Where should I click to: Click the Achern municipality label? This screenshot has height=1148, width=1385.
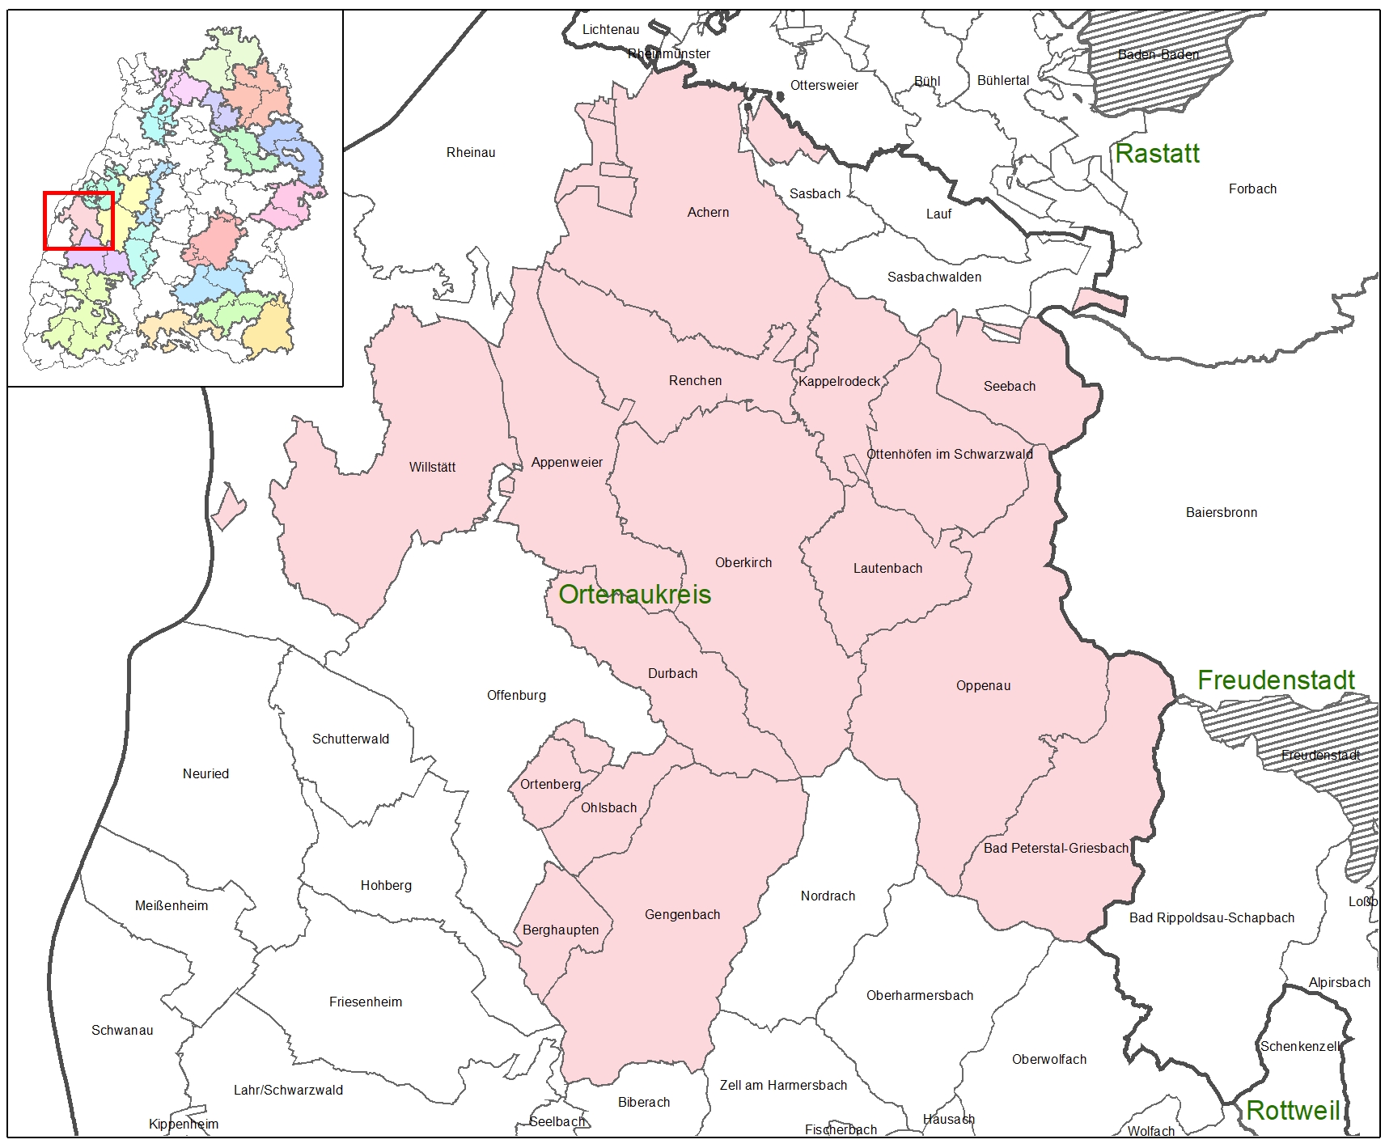click(x=708, y=212)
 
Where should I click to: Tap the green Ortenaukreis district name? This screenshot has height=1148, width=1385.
click(x=635, y=595)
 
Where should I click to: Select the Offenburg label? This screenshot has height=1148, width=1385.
click(x=516, y=695)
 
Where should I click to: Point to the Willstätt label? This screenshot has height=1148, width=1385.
click(x=432, y=467)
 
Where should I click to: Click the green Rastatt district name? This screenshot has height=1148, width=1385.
click(x=1157, y=154)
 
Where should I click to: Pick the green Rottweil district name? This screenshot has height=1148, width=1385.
click(x=1293, y=1110)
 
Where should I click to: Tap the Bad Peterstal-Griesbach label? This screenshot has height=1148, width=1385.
click(x=1056, y=848)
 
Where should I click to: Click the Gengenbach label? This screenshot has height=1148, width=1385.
click(x=682, y=914)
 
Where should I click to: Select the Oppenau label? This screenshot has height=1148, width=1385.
click(x=983, y=685)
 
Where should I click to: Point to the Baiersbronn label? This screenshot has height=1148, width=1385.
click(x=1221, y=512)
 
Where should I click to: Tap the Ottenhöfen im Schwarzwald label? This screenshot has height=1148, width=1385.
click(x=949, y=454)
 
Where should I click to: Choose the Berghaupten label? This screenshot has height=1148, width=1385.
click(x=561, y=930)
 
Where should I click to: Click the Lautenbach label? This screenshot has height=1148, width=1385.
click(x=887, y=568)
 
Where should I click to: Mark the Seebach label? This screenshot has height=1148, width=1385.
click(x=1009, y=386)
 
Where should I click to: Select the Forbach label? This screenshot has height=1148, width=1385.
click(x=1252, y=189)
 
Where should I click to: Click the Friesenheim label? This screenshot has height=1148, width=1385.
click(x=366, y=1002)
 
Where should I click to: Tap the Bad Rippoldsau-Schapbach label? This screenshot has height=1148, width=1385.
click(x=1211, y=917)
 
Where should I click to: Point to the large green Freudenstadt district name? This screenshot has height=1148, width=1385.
click(x=1276, y=680)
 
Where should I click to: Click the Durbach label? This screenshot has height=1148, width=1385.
click(x=672, y=673)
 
